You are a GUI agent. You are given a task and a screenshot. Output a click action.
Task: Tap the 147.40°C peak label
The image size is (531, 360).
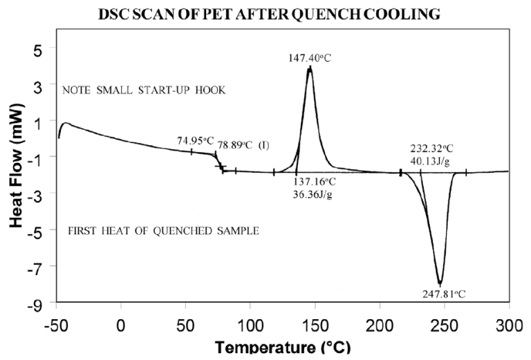309,59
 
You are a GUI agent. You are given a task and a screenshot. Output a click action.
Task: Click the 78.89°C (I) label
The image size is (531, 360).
243,145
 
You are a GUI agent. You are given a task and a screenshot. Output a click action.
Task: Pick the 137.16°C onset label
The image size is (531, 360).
313,182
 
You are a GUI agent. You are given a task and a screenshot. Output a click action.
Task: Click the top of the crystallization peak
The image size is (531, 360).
309,67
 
